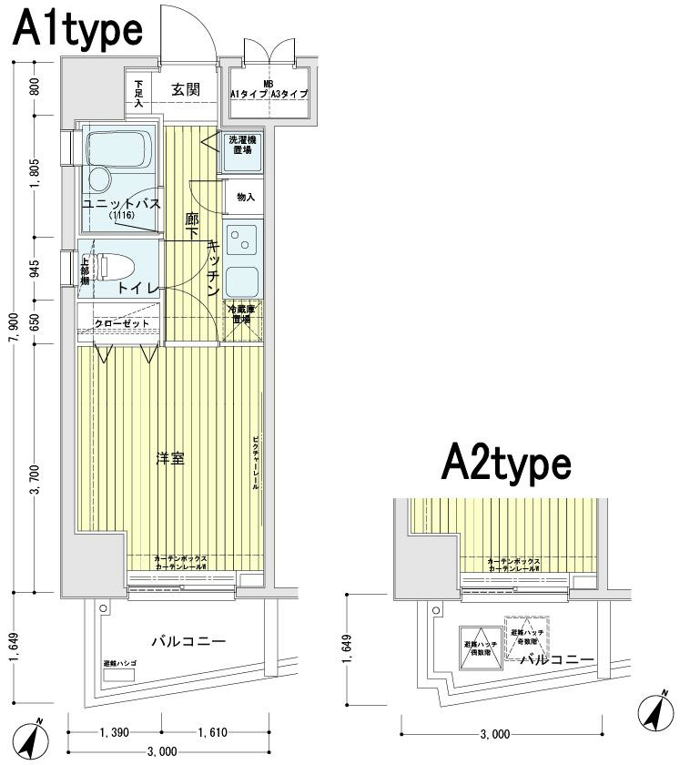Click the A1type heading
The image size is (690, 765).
coord(77,30)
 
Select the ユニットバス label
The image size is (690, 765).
coord(121,204)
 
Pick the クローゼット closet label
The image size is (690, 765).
coord(121,323)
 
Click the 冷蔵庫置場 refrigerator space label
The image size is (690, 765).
coord(240,315)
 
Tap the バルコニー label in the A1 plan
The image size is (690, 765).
coord(188,642)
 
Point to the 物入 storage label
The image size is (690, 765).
coord(245,197)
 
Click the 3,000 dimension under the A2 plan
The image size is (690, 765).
coord(494,733)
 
